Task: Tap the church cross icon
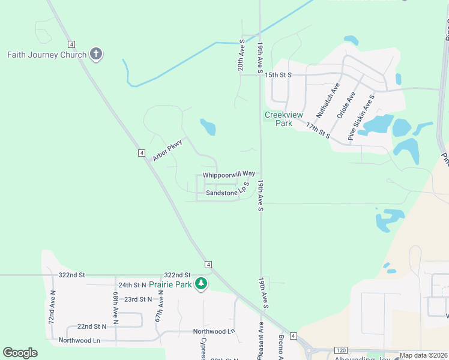pos(95,55)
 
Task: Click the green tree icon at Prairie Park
pos(202,284)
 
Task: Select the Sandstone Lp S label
pos(227,192)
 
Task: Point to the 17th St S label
pos(319,130)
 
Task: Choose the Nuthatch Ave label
pos(328,100)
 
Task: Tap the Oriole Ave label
pos(346,105)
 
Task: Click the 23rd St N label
pos(138,299)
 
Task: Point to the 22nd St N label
pos(91,326)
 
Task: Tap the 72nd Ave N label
pos(52,307)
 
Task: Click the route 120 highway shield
pos(340,350)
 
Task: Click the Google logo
pos(20,353)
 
